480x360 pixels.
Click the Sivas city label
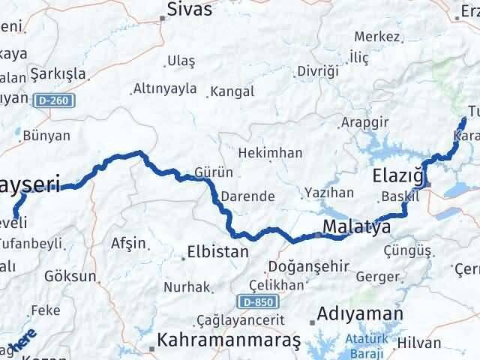190,10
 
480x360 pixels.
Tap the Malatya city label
356,226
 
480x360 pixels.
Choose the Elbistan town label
217,252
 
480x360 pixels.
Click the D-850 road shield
255,301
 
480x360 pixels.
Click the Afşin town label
124,243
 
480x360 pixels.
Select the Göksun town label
70,276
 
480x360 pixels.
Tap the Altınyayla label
164,89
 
